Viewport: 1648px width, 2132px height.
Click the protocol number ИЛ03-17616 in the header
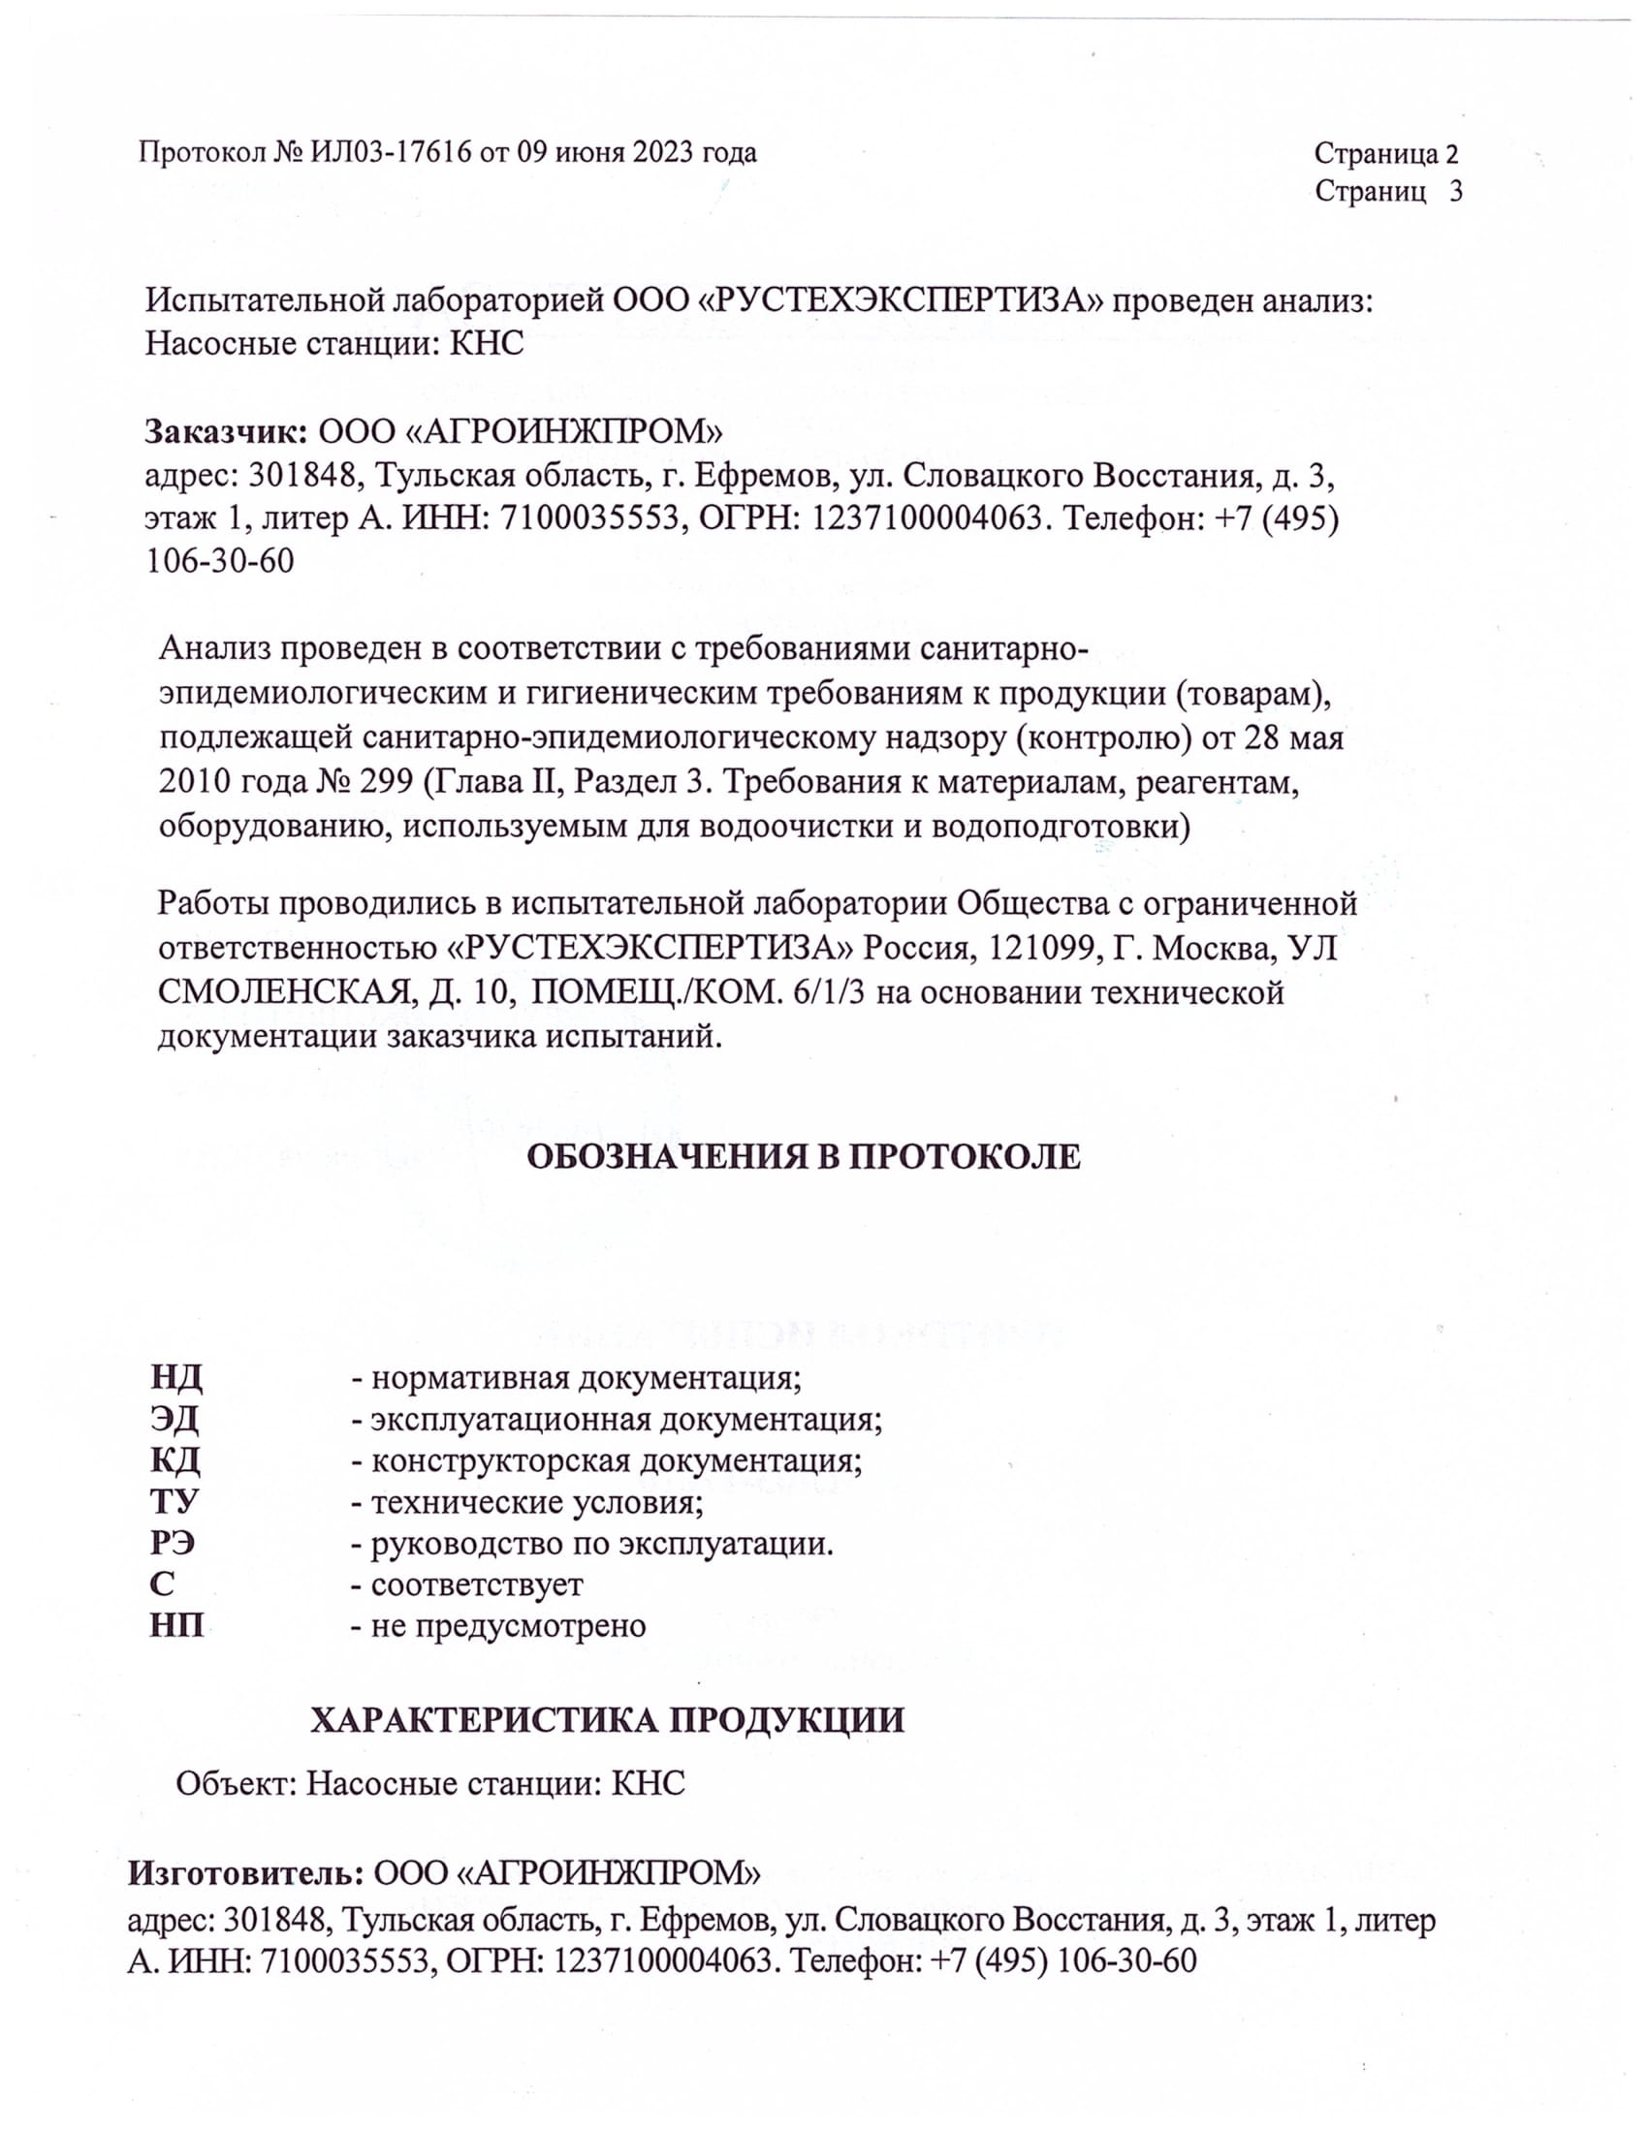(391, 153)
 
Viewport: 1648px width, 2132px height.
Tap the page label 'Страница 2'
(1385, 153)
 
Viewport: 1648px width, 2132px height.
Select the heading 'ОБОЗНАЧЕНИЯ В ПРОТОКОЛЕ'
(804, 1157)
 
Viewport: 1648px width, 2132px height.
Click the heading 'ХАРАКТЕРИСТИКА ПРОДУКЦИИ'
(607, 1720)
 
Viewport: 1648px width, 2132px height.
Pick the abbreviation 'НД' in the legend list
(175, 1378)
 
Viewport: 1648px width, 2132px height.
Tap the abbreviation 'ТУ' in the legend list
(174, 1500)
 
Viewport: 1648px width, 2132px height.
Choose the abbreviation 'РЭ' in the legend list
(173, 1544)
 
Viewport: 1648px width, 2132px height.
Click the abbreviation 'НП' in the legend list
(176, 1625)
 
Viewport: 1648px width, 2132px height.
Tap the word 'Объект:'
(236, 1783)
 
